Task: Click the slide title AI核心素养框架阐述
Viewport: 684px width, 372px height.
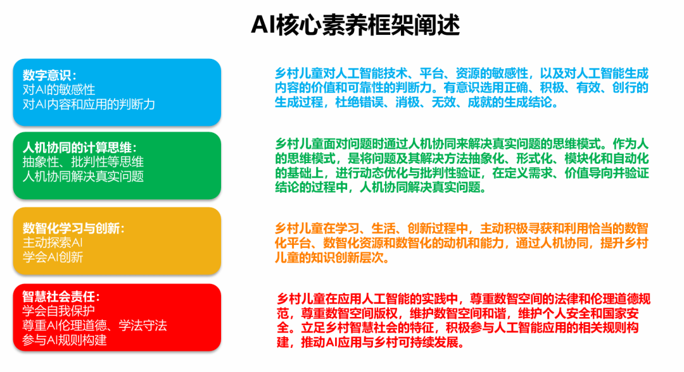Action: click(x=355, y=25)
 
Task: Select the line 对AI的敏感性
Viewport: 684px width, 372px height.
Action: click(x=59, y=90)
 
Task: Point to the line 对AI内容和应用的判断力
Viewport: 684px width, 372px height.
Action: click(x=89, y=104)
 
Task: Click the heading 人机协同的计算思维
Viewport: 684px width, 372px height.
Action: click(x=80, y=147)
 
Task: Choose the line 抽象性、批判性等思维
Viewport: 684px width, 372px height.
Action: click(x=84, y=162)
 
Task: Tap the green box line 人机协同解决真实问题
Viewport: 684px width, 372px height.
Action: click(x=84, y=177)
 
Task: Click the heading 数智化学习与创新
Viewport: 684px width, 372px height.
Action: click(x=73, y=228)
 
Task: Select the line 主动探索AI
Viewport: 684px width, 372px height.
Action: click(x=53, y=243)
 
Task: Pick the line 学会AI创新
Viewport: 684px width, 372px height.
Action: click(x=53, y=257)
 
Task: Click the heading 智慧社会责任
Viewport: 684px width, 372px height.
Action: click(x=61, y=297)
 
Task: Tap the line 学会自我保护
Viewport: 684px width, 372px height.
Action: click(x=59, y=311)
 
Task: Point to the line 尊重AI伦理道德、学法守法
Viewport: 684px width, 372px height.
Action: click(x=94, y=325)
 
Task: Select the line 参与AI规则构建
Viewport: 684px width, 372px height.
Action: click(x=65, y=340)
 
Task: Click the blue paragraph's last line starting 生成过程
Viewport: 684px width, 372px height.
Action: click(x=417, y=102)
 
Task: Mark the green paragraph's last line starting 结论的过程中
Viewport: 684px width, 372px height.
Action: click(x=381, y=188)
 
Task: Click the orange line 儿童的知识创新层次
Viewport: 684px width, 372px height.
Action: click(x=332, y=258)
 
